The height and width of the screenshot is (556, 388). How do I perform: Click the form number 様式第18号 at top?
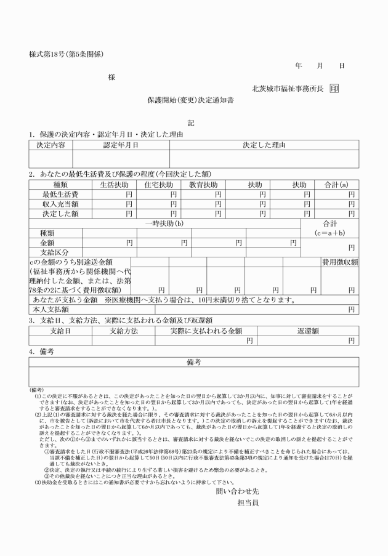(x=66, y=54)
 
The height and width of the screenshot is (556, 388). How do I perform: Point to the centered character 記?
(x=191, y=123)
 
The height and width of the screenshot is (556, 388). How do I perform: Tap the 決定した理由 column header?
(x=264, y=145)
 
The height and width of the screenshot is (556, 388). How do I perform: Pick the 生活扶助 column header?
(x=114, y=185)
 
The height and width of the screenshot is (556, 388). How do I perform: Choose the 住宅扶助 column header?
(x=158, y=185)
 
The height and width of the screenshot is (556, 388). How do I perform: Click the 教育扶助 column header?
(x=203, y=185)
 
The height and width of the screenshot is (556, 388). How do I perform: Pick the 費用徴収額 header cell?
(x=340, y=262)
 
